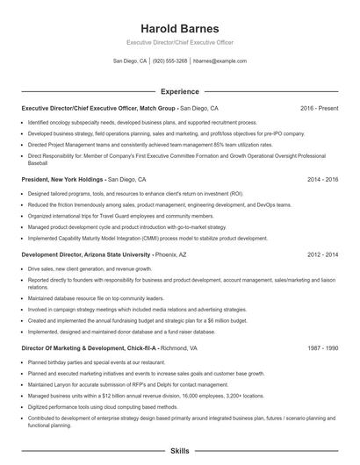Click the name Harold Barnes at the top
[x=179, y=28]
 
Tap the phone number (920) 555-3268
[x=169, y=61]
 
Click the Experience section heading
[x=179, y=91]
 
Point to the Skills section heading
[x=179, y=450]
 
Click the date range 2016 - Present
[x=319, y=108]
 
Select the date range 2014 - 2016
[x=322, y=178]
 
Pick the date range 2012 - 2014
[x=322, y=254]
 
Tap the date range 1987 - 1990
[x=322, y=348]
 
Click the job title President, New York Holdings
[x=59, y=178]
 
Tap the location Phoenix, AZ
[x=172, y=254]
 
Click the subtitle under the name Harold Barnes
[x=179, y=42]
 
